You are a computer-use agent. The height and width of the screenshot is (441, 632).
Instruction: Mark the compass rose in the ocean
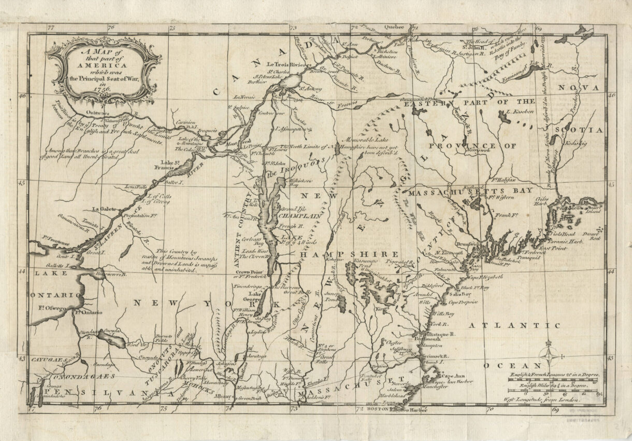coord(550,357)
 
